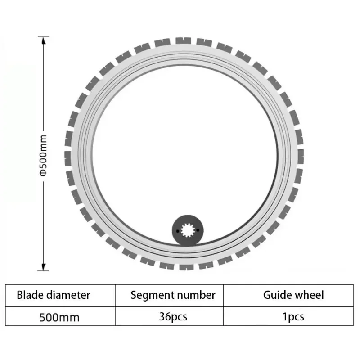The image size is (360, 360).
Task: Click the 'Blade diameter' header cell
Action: tap(54, 295)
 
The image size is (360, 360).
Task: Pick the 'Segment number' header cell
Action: tap(173, 295)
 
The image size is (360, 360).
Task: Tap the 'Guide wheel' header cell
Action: tap(293, 295)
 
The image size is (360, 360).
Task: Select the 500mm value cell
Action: tap(59, 317)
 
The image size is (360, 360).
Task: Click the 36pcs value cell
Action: tap(173, 317)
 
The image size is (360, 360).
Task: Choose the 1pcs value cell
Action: tap(293, 317)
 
